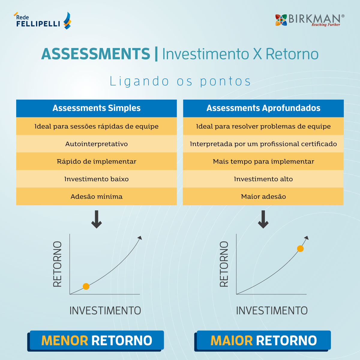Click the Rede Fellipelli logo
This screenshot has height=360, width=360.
pos(42,21)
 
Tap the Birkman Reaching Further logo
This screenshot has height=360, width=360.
pos(310,20)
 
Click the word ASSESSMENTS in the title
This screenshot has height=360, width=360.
pos(96,54)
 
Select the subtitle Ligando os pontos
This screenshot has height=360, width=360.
pos(180,81)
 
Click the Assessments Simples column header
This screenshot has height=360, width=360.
pos(96,108)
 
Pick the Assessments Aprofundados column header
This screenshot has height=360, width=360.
pos(263,108)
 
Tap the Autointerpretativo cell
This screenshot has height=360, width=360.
pos(96,144)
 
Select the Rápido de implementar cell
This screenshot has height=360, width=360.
pos(96,161)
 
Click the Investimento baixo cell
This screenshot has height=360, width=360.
pos(96,179)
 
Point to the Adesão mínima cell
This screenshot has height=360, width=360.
pos(96,196)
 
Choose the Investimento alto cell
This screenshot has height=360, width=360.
pos(263,179)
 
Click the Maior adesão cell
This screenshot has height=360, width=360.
pos(263,196)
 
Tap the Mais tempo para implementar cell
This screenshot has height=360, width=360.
pos(263,161)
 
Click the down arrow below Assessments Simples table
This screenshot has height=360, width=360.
pos(96,219)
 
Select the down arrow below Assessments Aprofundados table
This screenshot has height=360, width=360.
pos(263,219)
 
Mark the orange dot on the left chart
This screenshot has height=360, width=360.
pos(86,286)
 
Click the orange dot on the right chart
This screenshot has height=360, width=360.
pos(300,249)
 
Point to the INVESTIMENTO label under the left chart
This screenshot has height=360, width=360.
pos(105,311)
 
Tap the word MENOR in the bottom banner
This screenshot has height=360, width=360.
pos(64,340)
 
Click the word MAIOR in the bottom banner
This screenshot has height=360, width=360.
pos(232,340)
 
